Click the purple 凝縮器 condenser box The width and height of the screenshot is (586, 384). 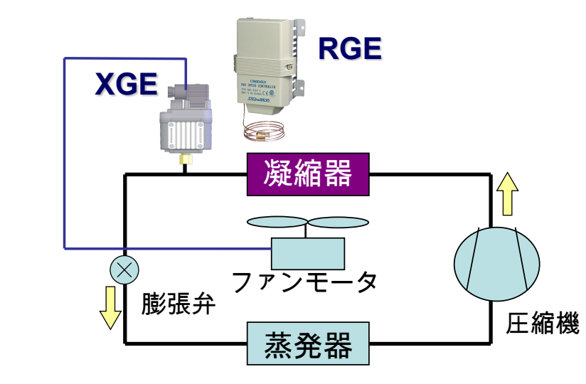(309, 173)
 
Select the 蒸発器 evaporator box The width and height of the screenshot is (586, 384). (308, 343)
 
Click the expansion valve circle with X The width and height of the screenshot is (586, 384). (124, 270)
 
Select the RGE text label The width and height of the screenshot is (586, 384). (349, 48)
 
